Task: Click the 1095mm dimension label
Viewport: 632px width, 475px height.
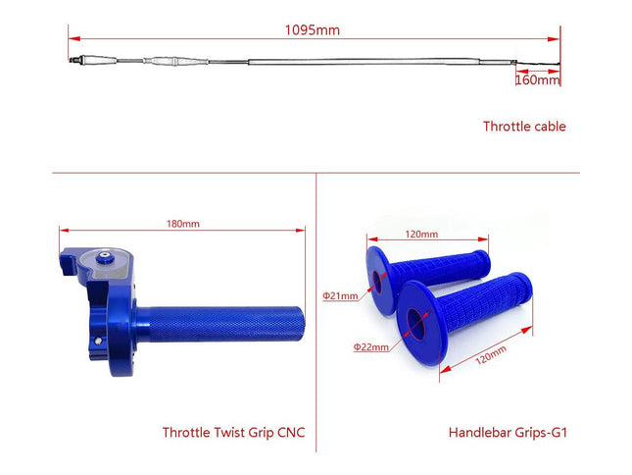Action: point(313,29)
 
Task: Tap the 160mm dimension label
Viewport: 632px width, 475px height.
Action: point(537,80)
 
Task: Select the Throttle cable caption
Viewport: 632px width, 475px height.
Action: point(524,126)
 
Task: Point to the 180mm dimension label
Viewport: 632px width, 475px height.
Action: point(182,224)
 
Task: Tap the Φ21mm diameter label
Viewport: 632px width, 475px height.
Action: point(340,295)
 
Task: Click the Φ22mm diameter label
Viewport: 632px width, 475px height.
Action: point(371,346)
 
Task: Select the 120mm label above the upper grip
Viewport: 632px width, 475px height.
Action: point(421,235)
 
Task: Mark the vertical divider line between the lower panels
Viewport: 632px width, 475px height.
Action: point(316,314)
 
